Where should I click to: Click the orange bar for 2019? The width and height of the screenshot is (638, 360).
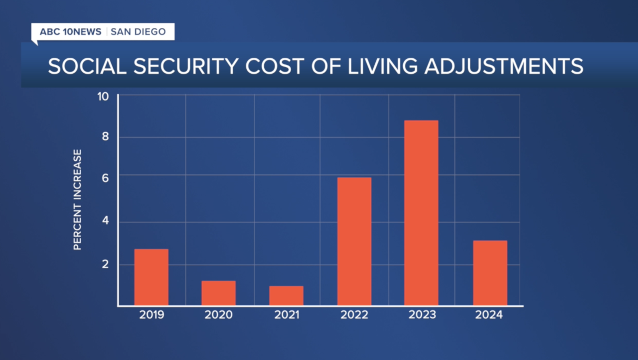(x=151, y=277)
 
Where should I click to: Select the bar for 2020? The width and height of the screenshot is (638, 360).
(x=218, y=293)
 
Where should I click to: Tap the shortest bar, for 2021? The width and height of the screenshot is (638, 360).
(x=286, y=295)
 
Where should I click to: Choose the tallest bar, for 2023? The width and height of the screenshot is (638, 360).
(x=421, y=212)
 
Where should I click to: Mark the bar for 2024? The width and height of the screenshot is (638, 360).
(x=490, y=273)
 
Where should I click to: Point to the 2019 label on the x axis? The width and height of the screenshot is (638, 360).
(x=152, y=315)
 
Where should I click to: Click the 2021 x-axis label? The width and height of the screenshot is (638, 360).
(x=287, y=315)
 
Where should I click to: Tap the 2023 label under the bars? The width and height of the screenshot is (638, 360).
(x=422, y=315)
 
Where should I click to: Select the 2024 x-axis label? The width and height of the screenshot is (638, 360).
(x=489, y=315)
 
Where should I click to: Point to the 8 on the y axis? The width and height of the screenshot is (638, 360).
(x=105, y=137)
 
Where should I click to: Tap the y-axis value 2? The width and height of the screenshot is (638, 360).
(x=105, y=264)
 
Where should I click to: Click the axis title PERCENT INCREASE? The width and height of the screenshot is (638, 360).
(x=78, y=199)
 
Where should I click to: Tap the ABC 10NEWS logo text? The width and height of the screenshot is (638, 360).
(x=70, y=32)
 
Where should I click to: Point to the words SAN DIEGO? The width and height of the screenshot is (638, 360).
(x=138, y=32)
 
